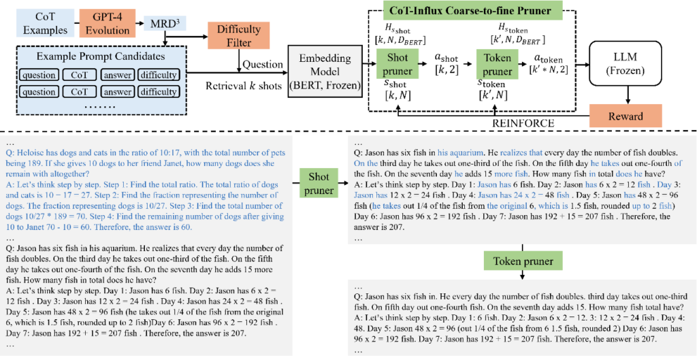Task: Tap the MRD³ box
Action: pos(163,24)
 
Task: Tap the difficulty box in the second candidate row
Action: pos(161,92)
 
